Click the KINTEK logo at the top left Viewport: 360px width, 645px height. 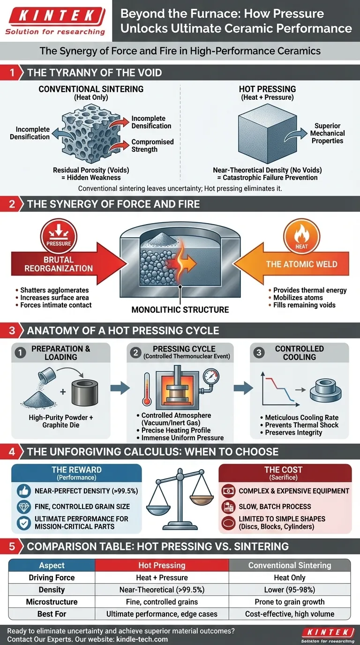[x=55, y=21]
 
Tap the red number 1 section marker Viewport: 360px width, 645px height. [x=12, y=72]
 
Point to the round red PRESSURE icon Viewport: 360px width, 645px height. [x=59, y=237]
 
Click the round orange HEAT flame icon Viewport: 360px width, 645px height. [x=301, y=237]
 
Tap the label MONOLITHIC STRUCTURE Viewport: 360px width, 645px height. [x=180, y=310]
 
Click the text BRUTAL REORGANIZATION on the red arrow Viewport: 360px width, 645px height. [x=59, y=264]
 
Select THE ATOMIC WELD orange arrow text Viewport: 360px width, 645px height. [x=301, y=264]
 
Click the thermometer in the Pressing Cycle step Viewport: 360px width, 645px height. [x=147, y=389]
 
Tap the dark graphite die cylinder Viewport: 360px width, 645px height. [x=85, y=393]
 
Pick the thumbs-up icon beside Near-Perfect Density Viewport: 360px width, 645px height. [x=23, y=491]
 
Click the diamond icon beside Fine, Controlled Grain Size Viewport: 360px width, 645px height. [x=23, y=507]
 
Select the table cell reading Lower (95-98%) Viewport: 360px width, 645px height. [x=289, y=590]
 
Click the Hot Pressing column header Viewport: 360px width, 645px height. [x=162, y=565]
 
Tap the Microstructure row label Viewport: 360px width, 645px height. [x=52, y=602]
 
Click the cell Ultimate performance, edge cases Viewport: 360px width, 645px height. [x=162, y=614]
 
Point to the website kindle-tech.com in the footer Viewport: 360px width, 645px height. [x=142, y=639]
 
